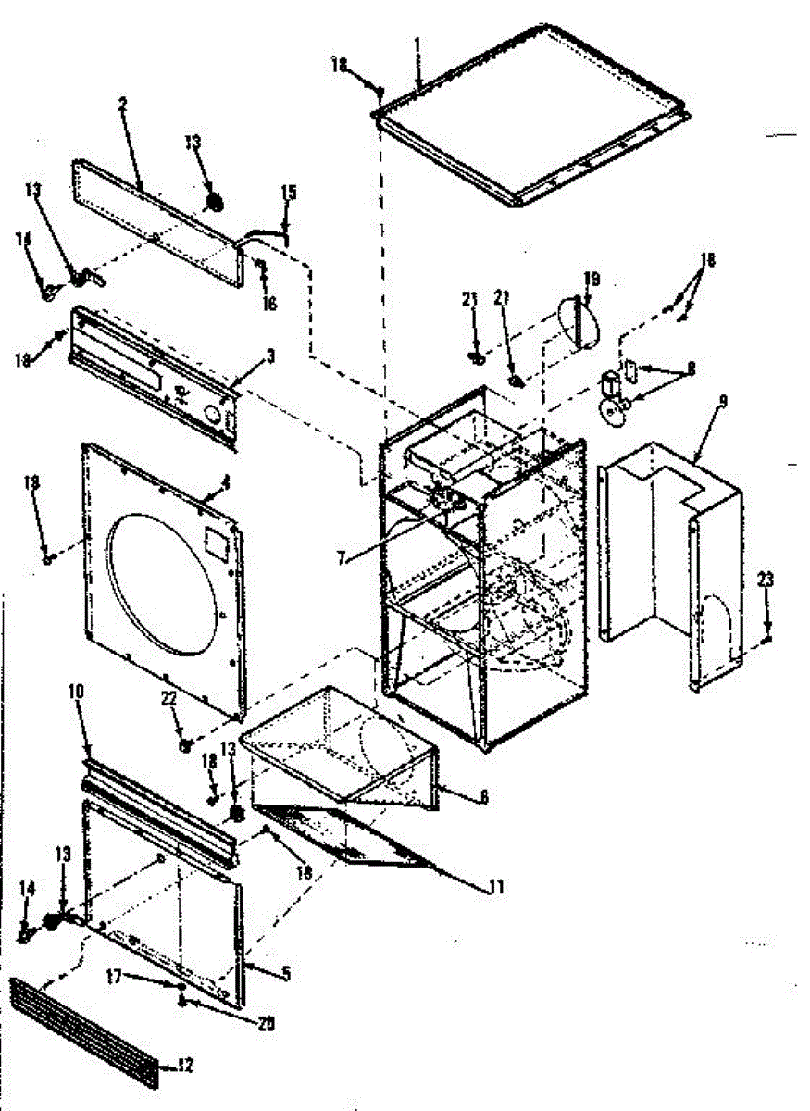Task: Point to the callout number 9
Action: tap(722, 402)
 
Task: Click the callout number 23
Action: tap(765, 580)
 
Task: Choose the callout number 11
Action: tap(496, 886)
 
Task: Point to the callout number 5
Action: tap(285, 974)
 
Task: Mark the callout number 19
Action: tap(592, 278)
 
